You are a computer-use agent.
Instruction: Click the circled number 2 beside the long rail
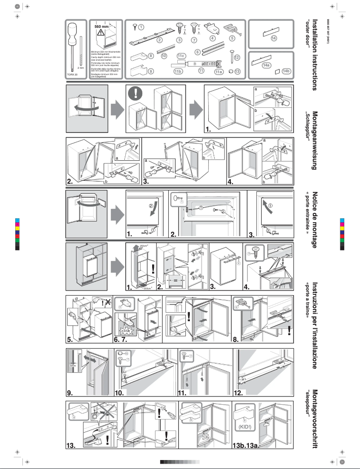pyautogui.click(x=159, y=40)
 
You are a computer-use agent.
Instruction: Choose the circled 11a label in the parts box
pyautogui.click(x=219, y=71)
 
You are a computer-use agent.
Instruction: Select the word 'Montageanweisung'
pyautogui.click(x=316, y=141)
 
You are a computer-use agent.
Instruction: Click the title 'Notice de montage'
pyautogui.click(x=316, y=220)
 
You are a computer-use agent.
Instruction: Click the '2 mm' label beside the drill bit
pyautogui.click(x=81, y=68)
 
